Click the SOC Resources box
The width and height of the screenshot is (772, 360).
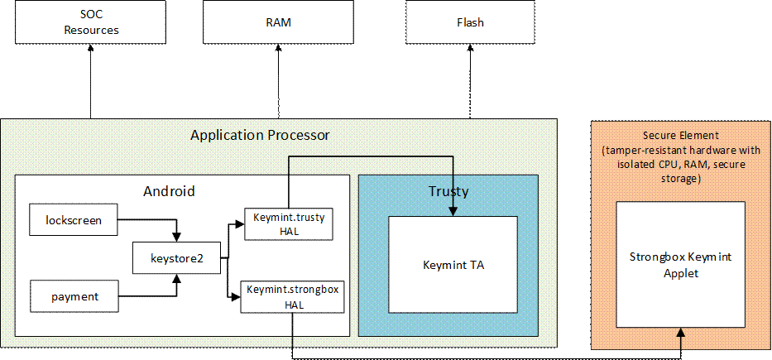[x=91, y=22]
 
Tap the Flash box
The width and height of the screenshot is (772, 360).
[x=469, y=22]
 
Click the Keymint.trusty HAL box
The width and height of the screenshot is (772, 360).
[x=288, y=223]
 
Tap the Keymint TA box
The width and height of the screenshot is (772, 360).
[x=453, y=264]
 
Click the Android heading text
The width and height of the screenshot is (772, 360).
[x=169, y=191]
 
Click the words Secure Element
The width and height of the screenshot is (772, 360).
[x=681, y=136]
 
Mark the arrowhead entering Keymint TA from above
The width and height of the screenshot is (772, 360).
[x=453, y=211]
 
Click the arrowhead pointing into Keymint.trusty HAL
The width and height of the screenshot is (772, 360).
[x=239, y=223]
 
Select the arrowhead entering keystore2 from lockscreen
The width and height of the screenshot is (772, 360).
[x=176, y=238]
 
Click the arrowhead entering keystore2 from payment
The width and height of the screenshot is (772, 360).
[x=176, y=279]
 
